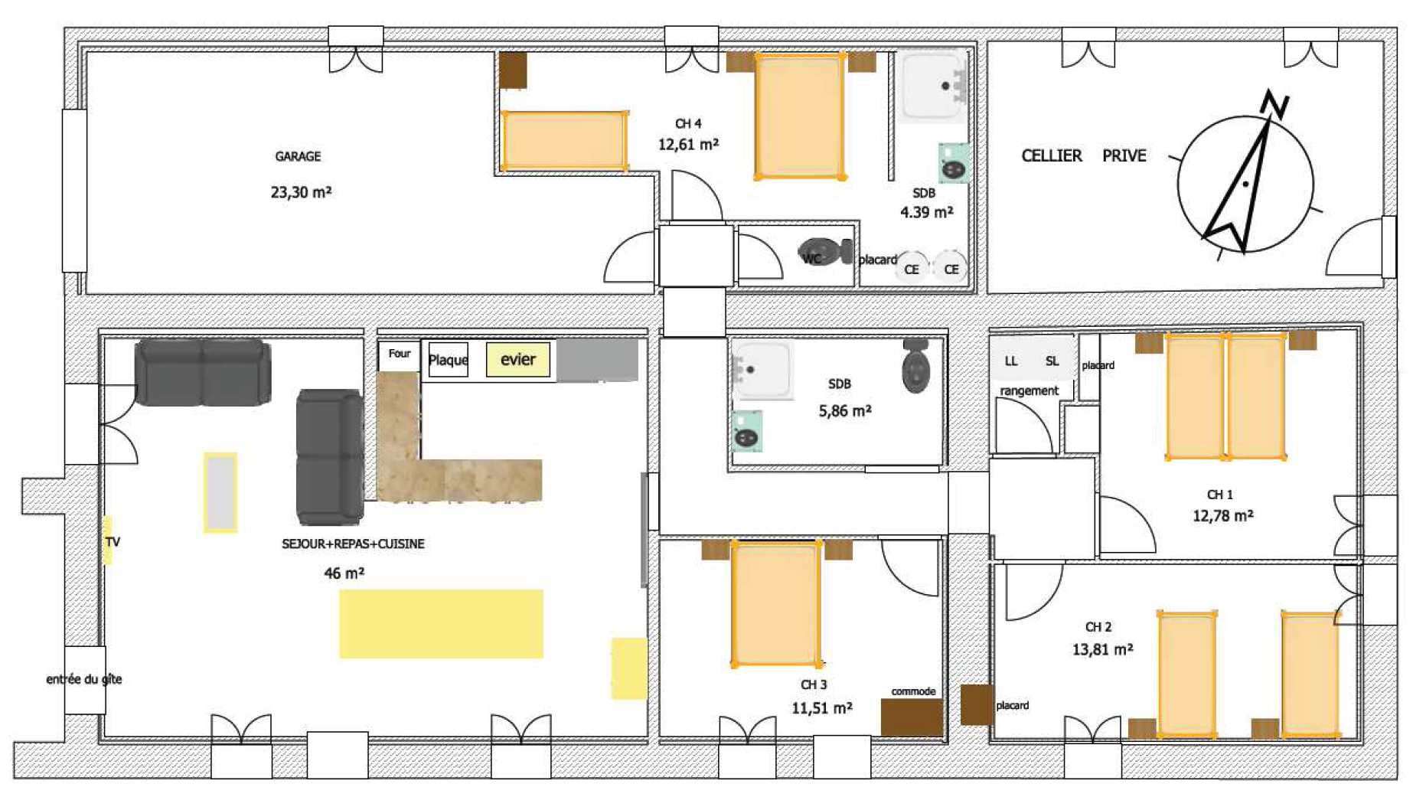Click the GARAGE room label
coord(298,156)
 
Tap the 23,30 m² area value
coord(301,192)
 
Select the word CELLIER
coord(1052,155)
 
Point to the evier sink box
coord(518,360)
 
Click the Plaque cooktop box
coord(448,360)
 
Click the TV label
coord(113,542)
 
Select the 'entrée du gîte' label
coord(84,679)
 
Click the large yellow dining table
coord(442,624)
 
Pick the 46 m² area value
coord(344,573)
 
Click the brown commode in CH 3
coord(912,717)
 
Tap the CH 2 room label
coord(1098,627)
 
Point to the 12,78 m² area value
coord(1223,516)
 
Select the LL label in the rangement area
coord(1011,361)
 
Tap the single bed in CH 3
coord(777,603)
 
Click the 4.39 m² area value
coord(927,212)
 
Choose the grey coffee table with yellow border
coord(220,492)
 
